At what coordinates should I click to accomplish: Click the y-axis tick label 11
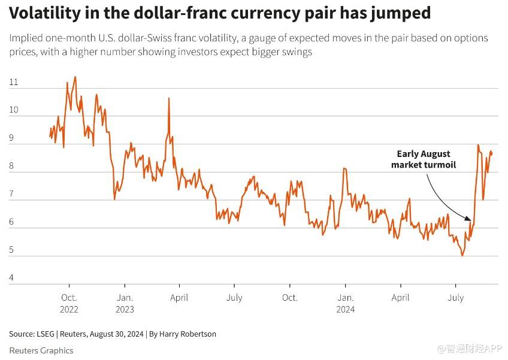[x=14, y=83]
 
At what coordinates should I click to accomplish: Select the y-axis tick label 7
[x=14, y=195]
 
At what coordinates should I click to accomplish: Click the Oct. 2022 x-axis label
[x=69, y=303]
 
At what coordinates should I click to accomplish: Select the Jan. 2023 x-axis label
[x=125, y=303]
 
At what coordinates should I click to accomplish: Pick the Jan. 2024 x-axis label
[x=345, y=303]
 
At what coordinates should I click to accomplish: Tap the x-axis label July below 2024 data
[x=456, y=298]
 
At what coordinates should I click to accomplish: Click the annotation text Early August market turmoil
[x=424, y=159]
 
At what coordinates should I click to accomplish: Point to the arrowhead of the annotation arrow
[x=471, y=220]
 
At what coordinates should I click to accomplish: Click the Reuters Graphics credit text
[x=41, y=350]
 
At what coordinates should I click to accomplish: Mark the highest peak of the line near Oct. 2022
[x=75, y=77]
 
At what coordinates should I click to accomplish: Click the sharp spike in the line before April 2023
[x=169, y=98]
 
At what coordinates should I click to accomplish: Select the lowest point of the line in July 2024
[x=462, y=256]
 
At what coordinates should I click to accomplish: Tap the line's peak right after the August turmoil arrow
[x=478, y=145]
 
